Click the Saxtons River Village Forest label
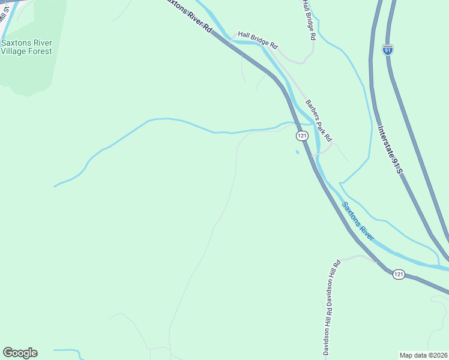26,47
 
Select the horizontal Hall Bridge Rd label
258,40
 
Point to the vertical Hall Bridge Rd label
309,19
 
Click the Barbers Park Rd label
319,120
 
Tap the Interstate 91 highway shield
388,50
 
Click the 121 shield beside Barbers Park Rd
301,136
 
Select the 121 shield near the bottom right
399,274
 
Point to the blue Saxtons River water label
358,221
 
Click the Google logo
20,353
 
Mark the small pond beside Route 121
297,151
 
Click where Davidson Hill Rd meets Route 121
377,262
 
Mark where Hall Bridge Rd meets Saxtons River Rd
231,41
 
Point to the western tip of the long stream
55,186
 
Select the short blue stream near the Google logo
66,350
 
